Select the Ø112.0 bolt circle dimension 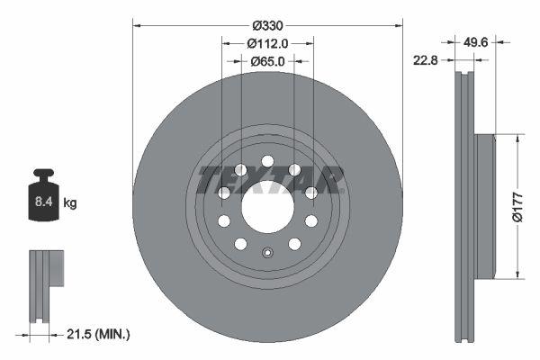tap(266, 42)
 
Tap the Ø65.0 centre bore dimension tap(266, 61)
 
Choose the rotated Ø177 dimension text tap(517, 206)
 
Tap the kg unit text tap(70, 204)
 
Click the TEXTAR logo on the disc tap(269, 180)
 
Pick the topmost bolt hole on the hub tap(267, 162)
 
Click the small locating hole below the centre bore tap(267, 252)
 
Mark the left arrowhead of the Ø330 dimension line tap(137, 24)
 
